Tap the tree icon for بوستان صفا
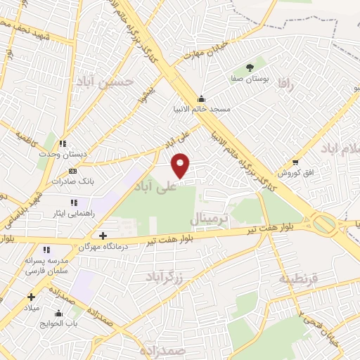250,67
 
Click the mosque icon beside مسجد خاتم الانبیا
202,98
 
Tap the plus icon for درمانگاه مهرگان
103,236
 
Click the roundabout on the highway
324,224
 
